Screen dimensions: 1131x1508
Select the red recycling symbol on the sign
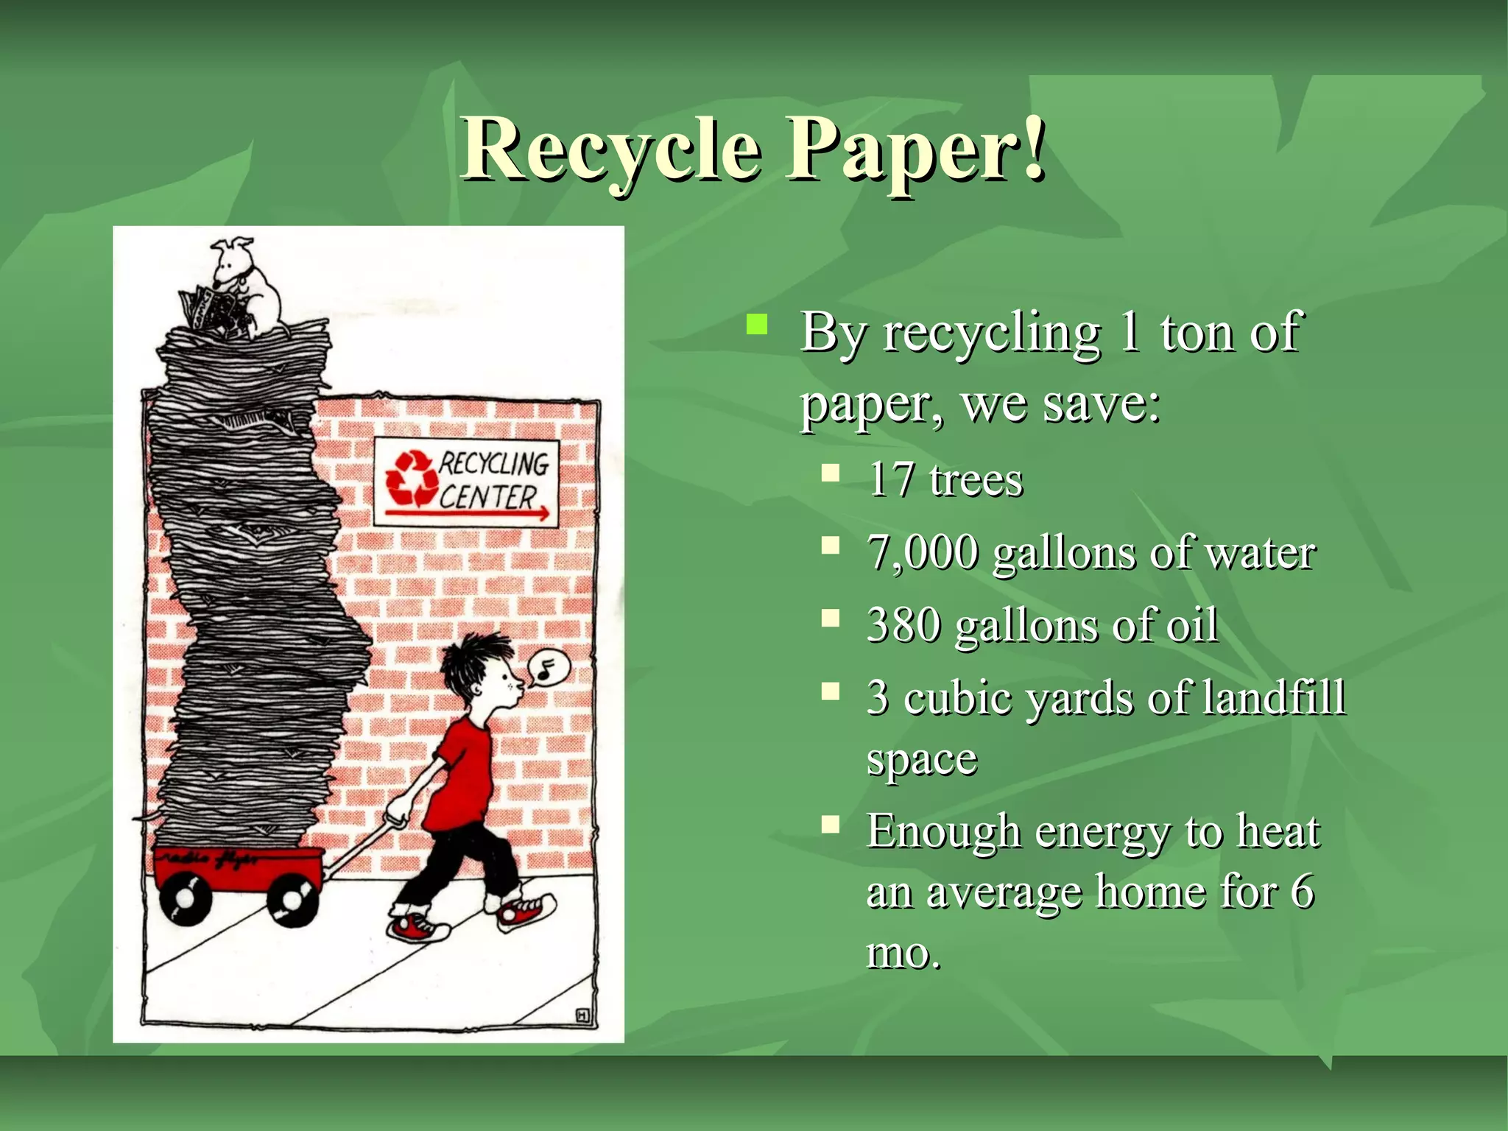412,479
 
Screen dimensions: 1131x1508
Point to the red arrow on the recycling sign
468,512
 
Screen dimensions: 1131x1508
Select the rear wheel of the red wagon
184,898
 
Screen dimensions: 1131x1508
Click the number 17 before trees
891,480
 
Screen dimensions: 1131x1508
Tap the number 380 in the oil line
903,625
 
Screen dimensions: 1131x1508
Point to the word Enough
943,831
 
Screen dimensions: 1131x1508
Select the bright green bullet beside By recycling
756,324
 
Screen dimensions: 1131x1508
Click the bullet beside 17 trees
831,473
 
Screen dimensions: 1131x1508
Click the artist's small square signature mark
582,1016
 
